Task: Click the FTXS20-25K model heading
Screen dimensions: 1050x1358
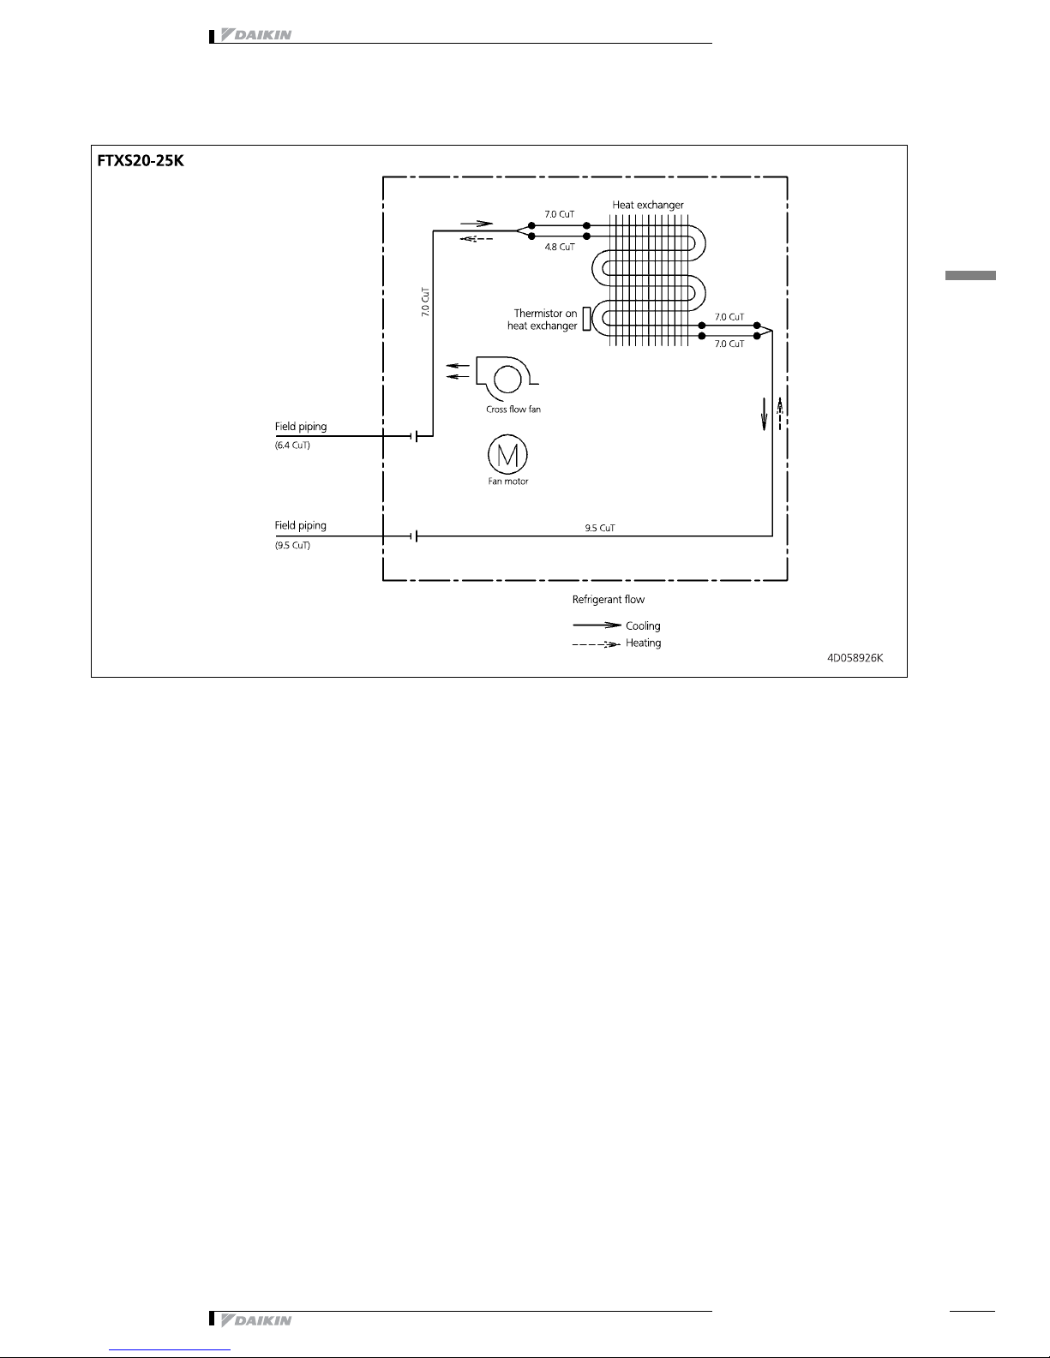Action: tap(141, 160)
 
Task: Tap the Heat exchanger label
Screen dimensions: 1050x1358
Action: tap(647, 205)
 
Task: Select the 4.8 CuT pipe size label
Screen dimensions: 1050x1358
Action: tap(560, 247)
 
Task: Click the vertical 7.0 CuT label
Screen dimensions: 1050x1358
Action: tap(425, 302)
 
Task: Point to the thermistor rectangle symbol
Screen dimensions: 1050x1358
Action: tap(586, 319)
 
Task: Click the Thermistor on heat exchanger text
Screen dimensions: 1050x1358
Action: tap(542, 320)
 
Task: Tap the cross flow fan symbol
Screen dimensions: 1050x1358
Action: tap(507, 378)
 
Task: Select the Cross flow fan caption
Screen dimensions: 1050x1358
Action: tap(513, 410)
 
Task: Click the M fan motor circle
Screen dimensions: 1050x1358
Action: tap(507, 454)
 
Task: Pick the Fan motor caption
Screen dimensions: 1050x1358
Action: tap(508, 482)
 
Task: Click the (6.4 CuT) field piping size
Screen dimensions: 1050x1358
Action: tap(292, 445)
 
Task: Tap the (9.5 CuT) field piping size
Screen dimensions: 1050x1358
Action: tap(292, 545)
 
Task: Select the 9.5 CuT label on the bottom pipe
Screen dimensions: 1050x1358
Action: tap(600, 528)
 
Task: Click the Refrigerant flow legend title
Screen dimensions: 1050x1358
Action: tap(608, 600)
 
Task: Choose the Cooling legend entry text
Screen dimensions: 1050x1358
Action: tap(643, 625)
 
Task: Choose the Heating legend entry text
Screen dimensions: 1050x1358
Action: tap(643, 643)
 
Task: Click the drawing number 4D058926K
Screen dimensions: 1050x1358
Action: tap(855, 657)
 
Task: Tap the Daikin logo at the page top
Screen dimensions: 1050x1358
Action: tap(255, 35)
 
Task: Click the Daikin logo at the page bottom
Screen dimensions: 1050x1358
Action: tap(255, 1320)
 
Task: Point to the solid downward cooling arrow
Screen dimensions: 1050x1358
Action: tap(764, 414)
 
